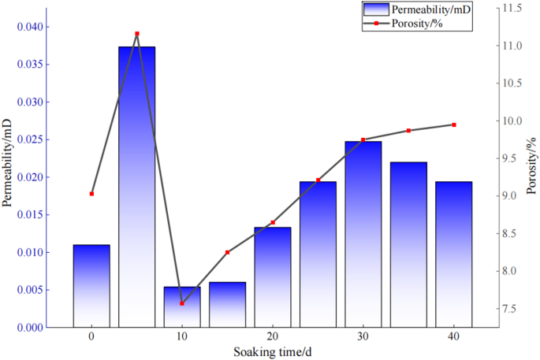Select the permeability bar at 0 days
(x=91, y=285)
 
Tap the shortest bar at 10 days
(x=182, y=306)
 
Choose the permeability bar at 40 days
(x=453, y=254)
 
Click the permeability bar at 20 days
(x=272, y=276)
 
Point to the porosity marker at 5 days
(x=137, y=34)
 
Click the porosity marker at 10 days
(x=182, y=303)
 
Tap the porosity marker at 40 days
(x=454, y=124)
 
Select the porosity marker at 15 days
(x=227, y=252)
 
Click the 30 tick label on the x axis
(x=363, y=336)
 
